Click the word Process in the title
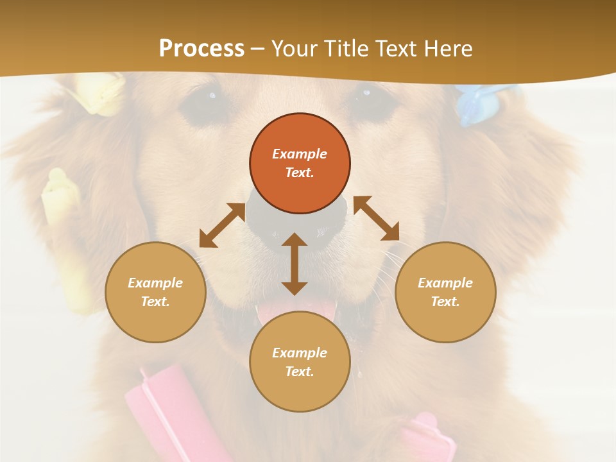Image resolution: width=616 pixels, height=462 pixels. pos(201,49)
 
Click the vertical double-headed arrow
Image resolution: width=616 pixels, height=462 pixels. pos(295,264)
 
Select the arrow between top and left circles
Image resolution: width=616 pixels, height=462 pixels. pos(222,225)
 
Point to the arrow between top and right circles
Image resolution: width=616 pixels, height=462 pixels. pos(376,218)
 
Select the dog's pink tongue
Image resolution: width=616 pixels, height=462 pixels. pos(296,312)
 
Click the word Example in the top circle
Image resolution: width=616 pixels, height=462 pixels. pos(300,154)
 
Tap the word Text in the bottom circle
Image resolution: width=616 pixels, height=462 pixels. pos(300,372)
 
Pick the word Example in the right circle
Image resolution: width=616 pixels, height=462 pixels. pos(445,283)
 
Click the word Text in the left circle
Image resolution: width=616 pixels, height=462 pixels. pos(155,302)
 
